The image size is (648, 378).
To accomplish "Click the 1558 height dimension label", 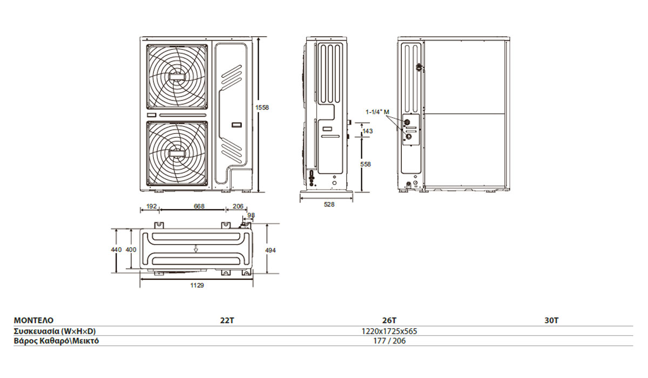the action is click(262, 107).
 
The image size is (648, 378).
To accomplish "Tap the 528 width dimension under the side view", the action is click(329, 205).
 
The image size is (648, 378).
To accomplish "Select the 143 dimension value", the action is click(367, 131).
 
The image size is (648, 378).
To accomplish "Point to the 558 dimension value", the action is click(366, 164).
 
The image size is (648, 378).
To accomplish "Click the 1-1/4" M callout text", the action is click(377, 112).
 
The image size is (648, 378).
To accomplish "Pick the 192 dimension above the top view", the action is click(151, 206).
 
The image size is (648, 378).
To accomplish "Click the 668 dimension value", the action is click(199, 206).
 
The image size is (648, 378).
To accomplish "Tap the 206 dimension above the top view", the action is click(238, 206).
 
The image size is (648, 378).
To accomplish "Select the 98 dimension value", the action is click(251, 215).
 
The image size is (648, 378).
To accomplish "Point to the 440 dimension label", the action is click(116, 249).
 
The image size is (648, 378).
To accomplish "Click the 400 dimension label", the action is click(131, 249).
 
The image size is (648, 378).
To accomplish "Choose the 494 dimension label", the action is click(270, 250).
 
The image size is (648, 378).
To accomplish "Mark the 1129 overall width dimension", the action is click(197, 286).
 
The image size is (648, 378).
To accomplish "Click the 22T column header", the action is click(227, 320).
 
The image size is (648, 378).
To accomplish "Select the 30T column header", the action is click(551, 320).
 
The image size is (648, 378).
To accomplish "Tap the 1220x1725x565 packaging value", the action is click(389, 331).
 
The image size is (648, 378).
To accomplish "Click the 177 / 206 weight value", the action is click(389, 341).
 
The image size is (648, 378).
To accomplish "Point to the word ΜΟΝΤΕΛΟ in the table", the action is click(33, 320).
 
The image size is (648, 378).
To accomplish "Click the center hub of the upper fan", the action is click(177, 77).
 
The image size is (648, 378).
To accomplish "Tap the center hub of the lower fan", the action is click(177, 153).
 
